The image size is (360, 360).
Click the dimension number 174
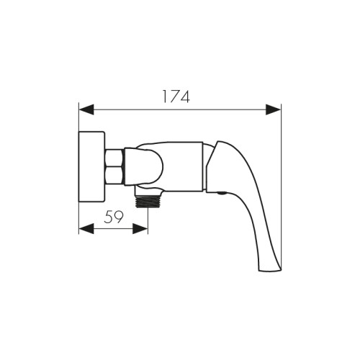tap(176, 96)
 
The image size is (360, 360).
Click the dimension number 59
tap(114, 217)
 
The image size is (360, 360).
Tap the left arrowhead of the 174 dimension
tap(86, 109)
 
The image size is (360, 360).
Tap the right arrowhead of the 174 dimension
tap(273, 109)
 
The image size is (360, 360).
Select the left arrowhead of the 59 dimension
tap(86, 229)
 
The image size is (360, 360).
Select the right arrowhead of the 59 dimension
tap(140, 229)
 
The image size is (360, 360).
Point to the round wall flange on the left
tap(92, 167)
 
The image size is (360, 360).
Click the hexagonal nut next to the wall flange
tap(114, 167)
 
